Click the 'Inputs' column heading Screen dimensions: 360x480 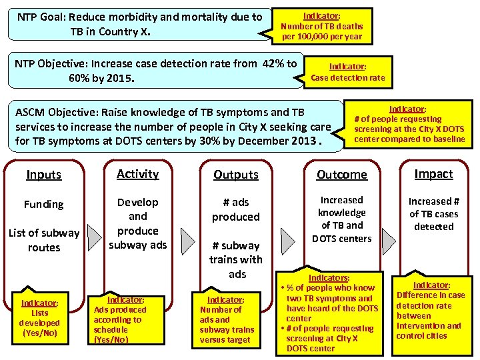click(x=44, y=175)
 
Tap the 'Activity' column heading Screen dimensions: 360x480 click(x=138, y=174)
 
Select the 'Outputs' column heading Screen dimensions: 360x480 click(x=236, y=175)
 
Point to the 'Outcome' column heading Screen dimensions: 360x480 click(x=342, y=175)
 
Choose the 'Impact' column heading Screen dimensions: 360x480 click(x=434, y=174)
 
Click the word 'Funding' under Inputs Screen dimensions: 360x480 click(x=44, y=204)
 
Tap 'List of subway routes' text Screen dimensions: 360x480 click(x=44, y=240)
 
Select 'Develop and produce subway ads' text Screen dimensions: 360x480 click(x=138, y=223)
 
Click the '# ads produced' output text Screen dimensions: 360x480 click(x=236, y=209)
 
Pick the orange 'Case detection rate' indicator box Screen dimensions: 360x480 click(x=348, y=73)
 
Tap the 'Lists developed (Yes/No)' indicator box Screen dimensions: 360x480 click(x=40, y=317)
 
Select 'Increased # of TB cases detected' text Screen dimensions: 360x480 click(x=434, y=213)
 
